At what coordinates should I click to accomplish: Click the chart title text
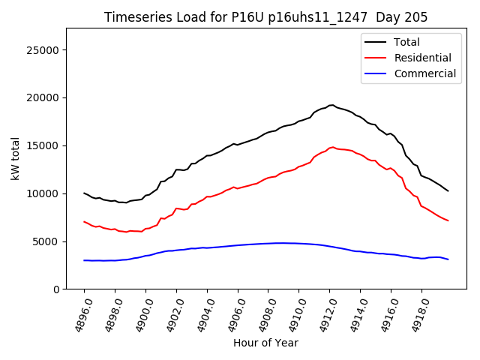click(x=266, y=17)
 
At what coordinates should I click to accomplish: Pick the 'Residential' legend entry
click(x=422, y=58)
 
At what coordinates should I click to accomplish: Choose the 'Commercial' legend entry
click(x=424, y=73)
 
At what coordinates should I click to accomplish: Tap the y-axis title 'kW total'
click(x=16, y=159)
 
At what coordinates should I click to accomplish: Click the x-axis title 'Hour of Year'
click(x=265, y=343)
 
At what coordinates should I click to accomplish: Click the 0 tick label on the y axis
click(x=56, y=289)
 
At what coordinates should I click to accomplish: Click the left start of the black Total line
click(x=84, y=193)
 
